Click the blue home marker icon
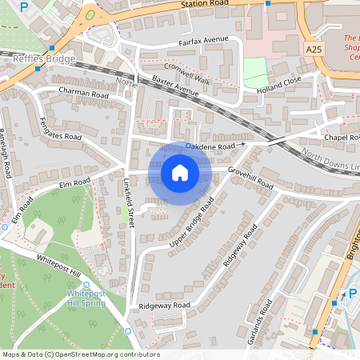pos(180,172)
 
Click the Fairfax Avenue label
pos(204,39)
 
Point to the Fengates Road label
pos(61,129)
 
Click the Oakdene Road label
pos(210,147)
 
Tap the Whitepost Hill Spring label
pos(86,298)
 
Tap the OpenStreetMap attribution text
pos(80,354)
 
